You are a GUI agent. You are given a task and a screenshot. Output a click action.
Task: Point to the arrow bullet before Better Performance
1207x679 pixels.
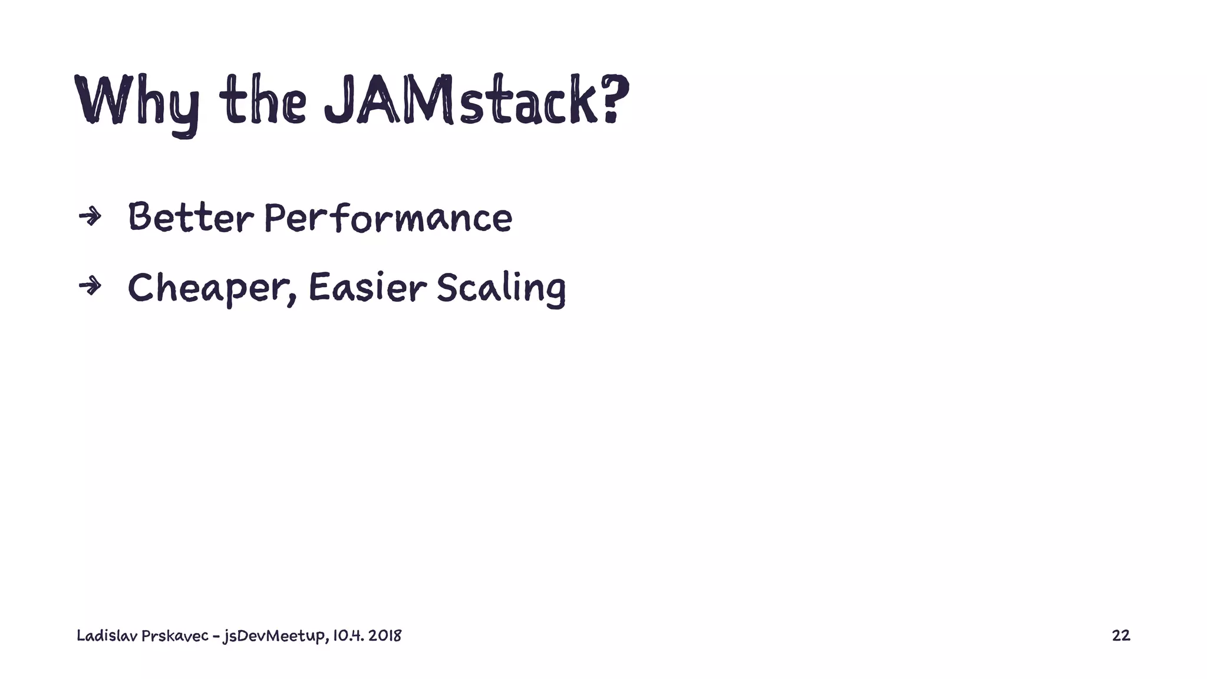coord(90,217)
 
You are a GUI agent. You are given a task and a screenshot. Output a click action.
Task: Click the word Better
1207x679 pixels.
coord(190,217)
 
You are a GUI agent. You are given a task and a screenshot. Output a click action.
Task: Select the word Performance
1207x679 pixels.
coord(388,217)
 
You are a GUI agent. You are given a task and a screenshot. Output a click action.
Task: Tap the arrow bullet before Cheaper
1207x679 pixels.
coord(90,286)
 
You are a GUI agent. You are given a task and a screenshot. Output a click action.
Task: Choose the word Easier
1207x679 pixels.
coord(367,287)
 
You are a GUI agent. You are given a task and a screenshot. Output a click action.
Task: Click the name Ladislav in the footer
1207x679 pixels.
coord(107,635)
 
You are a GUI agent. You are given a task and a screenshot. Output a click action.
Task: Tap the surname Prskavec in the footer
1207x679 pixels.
coord(174,635)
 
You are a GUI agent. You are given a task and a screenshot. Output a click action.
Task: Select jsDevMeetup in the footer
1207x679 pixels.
coord(273,636)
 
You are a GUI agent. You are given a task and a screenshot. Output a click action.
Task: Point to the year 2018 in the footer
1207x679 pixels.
coord(385,635)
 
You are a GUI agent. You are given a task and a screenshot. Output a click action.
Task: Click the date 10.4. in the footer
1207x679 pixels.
coord(347,635)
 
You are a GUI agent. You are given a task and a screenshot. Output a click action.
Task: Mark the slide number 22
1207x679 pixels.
coord(1120,635)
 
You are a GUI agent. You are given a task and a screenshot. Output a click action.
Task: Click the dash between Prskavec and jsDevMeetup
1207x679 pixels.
coord(216,636)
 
